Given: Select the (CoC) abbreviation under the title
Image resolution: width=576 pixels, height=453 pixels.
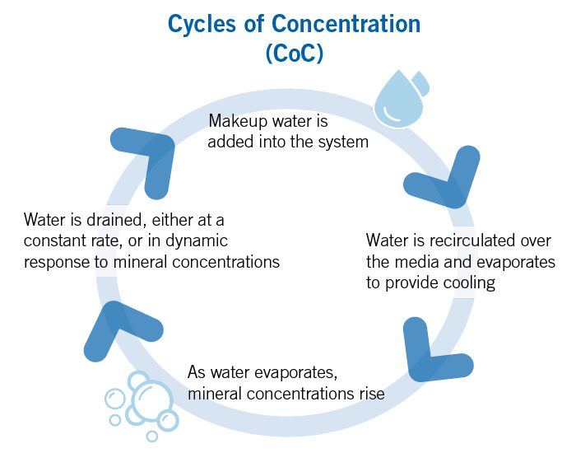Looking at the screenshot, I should pyautogui.click(x=294, y=54).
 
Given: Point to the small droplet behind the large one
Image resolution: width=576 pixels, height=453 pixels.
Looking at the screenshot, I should pyautogui.click(x=421, y=82).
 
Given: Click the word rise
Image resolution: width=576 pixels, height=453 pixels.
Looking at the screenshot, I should pyautogui.click(x=369, y=392).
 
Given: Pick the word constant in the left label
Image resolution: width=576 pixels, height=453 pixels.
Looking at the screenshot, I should pyautogui.click(x=54, y=241).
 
